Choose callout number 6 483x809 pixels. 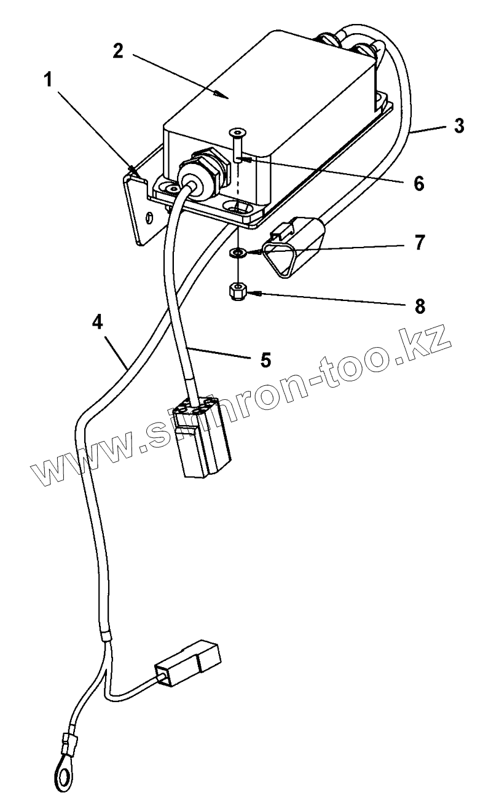coord(419,182)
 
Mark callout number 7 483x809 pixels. coord(419,243)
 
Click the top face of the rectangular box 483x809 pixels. coord(264,86)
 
